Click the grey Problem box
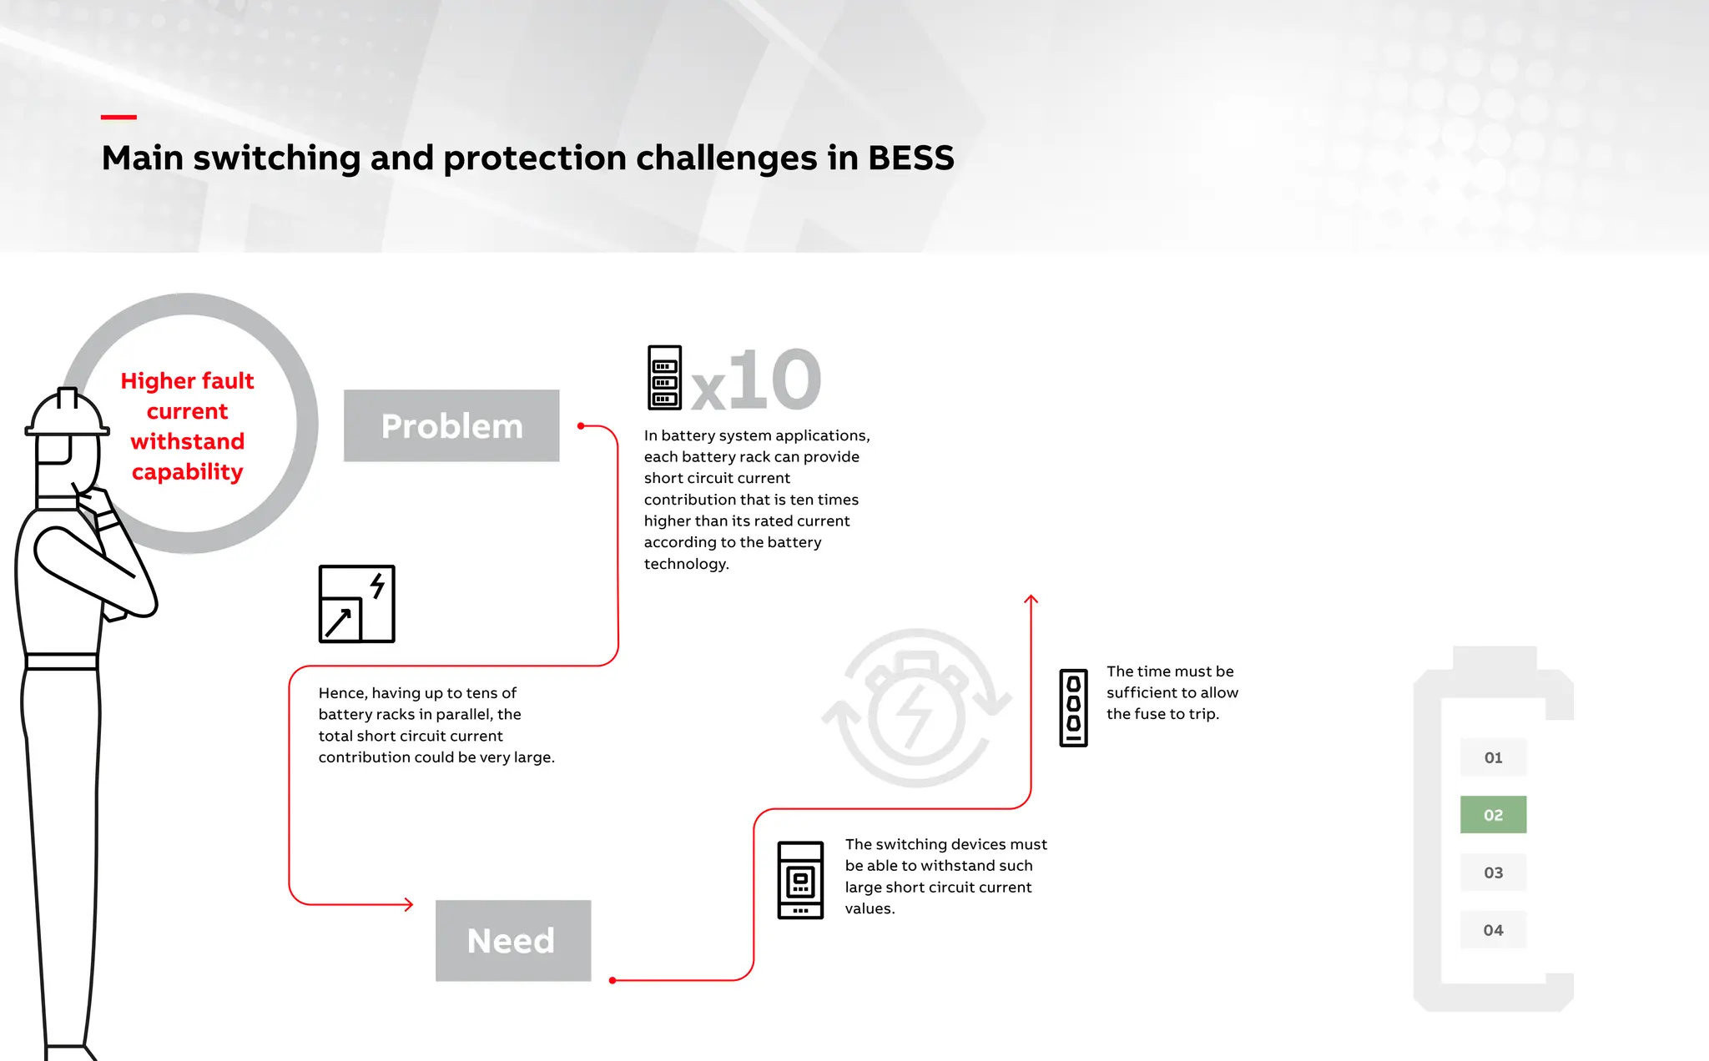(451, 425)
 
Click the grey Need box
(512, 940)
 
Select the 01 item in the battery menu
(1493, 757)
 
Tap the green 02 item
(1493, 815)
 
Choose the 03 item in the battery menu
(1493, 872)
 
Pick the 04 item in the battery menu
(1493, 930)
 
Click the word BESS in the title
(910, 158)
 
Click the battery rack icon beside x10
(664, 378)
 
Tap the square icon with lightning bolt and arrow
(356, 604)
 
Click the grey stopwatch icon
(916, 708)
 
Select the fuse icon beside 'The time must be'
(1073, 707)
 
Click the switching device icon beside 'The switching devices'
(800, 880)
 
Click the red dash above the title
(118, 118)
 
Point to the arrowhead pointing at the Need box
(409, 904)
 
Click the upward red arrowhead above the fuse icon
(1031, 599)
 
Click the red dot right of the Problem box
(581, 426)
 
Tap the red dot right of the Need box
(613, 980)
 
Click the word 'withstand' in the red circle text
(188, 441)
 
